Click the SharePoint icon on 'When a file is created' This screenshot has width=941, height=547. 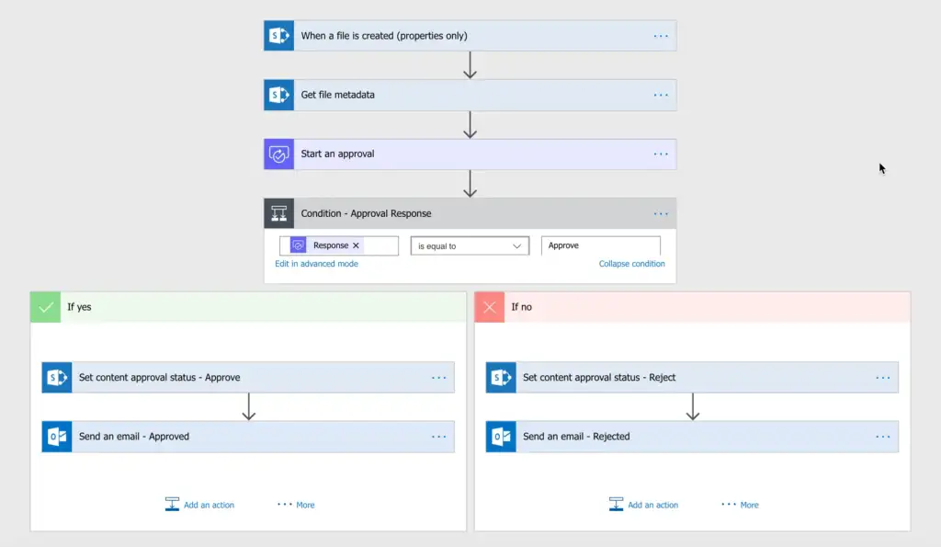point(278,36)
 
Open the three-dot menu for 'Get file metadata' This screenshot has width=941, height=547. point(661,95)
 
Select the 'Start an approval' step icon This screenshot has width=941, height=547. point(278,154)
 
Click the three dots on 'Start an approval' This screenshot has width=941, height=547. point(661,154)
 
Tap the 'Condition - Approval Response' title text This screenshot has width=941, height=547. point(366,213)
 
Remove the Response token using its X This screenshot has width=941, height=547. point(356,245)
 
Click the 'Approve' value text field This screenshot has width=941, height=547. point(600,245)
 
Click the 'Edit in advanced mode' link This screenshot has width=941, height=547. point(316,264)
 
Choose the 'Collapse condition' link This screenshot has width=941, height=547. point(631,264)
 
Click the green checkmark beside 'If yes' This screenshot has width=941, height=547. point(45,307)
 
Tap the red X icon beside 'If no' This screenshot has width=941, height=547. point(489,307)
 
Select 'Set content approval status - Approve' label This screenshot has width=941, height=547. point(159,377)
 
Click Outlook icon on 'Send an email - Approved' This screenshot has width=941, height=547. point(57,437)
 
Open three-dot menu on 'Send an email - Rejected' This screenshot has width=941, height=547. point(883,437)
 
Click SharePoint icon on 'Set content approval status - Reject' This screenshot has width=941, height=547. point(501,377)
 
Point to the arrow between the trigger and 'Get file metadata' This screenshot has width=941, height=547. point(470,65)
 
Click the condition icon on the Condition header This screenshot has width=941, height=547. point(278,213)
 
